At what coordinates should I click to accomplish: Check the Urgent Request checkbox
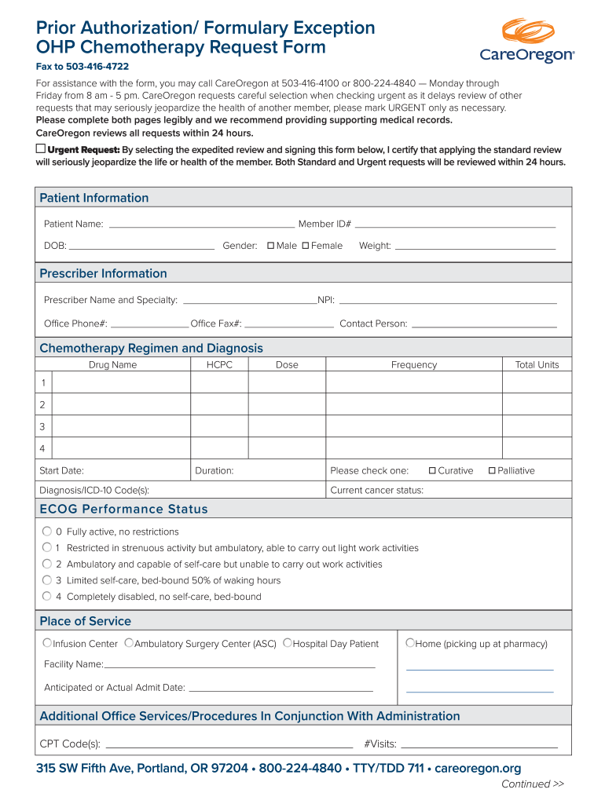point(41,148)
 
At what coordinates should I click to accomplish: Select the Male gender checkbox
point(271,246)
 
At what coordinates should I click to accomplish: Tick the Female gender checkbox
point(306,246)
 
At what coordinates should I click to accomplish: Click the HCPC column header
point(219,365)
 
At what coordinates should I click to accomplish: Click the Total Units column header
point(537,365)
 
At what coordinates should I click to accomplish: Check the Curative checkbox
point(432,471)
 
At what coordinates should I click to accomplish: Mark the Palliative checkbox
point(492,471)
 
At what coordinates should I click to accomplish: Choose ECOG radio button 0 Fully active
point(47,532)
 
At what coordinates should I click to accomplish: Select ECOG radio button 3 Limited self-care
point(47,580)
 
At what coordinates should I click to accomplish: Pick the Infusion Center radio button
point(47,643)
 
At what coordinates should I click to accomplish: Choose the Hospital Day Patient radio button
point(287,643)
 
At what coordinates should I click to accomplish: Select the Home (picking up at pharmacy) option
point(409,643)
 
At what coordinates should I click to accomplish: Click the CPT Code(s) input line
point(229,745)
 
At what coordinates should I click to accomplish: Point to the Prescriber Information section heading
point(103,273)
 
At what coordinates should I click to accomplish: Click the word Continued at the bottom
point(526,784)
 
